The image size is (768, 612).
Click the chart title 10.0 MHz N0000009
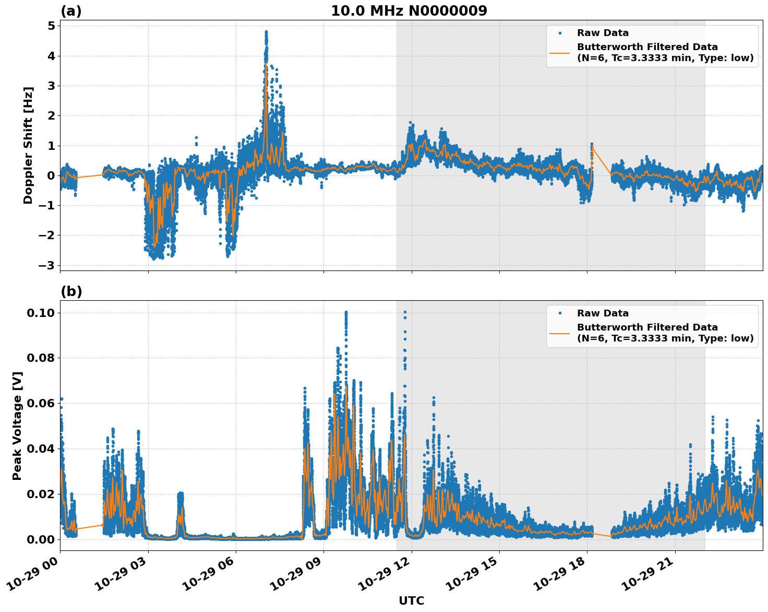click(409, 11)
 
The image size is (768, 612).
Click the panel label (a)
click(71, 11)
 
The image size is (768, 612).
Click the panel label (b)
click(71, 291)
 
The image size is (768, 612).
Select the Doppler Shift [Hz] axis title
click(28, 145)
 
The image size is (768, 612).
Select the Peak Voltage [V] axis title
click(17, 426)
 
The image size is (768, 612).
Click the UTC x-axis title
click(411, 601)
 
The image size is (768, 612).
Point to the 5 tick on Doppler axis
click(51, 26)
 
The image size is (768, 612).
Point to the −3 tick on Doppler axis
click(46, 265)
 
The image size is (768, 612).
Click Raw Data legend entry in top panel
click(603, 33)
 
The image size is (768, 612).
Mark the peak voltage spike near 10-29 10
click(345, 313)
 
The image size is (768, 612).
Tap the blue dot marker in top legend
click(560, 33)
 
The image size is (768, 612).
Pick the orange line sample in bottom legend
click(560, 333)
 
